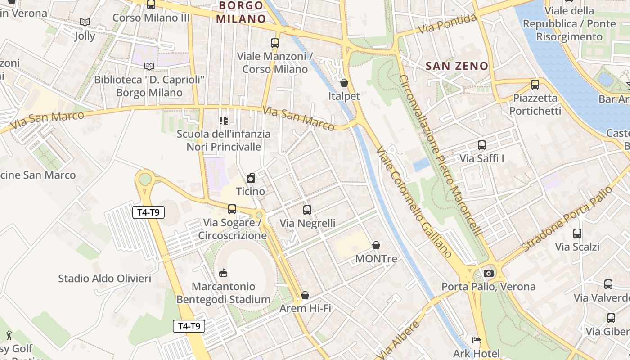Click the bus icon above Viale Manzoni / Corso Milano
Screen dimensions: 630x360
[274, 43]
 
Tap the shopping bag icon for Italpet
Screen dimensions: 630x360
[344, 83]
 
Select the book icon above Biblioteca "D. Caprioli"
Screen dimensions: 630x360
[149, 66]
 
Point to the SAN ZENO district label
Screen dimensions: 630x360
[457, 66]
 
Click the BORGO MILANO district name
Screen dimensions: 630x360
[241, 12]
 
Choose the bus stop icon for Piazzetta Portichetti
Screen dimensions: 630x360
[535, 84]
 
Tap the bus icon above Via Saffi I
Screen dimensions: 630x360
[482, 145]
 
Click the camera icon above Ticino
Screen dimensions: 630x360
[251, 178]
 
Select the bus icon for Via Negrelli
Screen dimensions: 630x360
[307, 210]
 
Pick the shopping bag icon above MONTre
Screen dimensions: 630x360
[376, 245]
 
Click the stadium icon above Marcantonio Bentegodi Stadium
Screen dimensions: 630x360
[223, 273]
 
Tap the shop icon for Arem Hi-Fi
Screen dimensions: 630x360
[305, 295]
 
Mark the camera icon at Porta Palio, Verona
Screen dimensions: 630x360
[489, 273]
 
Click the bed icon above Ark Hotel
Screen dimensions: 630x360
[477, 341]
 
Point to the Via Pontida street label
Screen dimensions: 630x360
[447, 24]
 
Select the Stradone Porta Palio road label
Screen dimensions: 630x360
[567, 219]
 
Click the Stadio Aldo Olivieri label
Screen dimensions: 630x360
[104, 279]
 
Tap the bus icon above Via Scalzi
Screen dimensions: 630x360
[577, 234]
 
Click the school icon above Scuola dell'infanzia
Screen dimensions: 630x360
[223, 120]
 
